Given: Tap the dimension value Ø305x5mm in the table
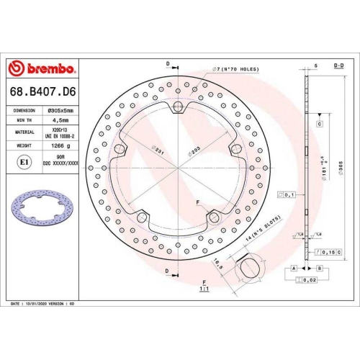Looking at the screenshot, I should [x=60, y=111].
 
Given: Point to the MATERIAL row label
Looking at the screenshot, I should [x=24, y=133].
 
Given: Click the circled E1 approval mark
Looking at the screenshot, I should [x=24, y=163].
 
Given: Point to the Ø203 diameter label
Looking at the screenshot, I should [x=193, y=152].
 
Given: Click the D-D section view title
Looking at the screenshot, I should [x=338, y=65].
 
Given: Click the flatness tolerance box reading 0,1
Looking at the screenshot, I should [x=289, y=195].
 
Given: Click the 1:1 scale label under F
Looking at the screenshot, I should [x=204, y=289].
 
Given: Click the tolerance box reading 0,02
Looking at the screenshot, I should [x=310, y=279].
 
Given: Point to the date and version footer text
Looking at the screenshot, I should [x=43, y=305].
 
